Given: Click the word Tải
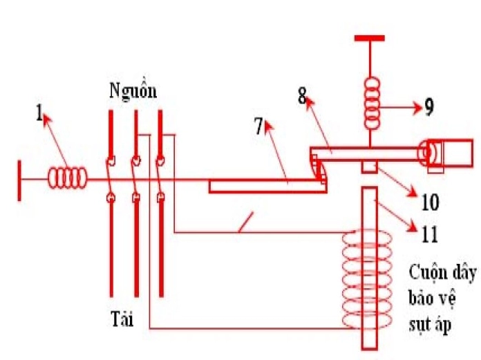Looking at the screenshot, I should (122, 319).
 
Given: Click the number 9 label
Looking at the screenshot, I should (429, 107).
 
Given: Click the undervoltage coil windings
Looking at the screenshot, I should (367, 280).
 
